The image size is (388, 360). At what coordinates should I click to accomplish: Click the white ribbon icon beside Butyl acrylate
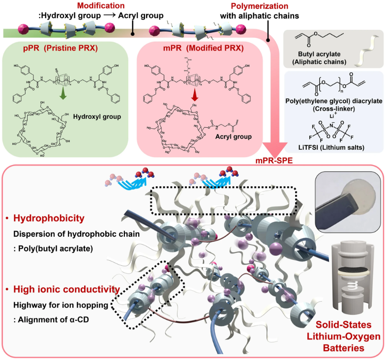click(364, 48)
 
